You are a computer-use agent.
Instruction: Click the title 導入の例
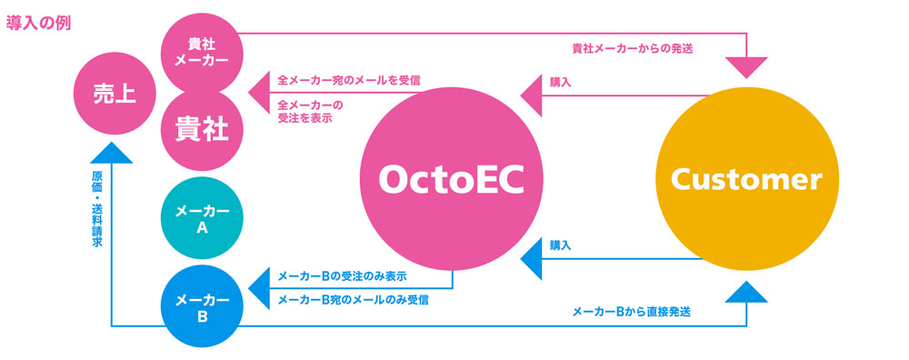tap(39, 22)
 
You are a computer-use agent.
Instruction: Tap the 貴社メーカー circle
tap(202, 51)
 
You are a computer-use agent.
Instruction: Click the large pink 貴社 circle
tap(202, 128)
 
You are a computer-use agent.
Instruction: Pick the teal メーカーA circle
tap(202, 219)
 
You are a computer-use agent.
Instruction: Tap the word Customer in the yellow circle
tap(745, 179)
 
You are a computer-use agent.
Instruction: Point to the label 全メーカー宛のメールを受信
tap(348, 81)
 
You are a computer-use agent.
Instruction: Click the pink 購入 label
tap(561, 82)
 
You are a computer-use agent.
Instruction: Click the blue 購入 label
tap(561, 245)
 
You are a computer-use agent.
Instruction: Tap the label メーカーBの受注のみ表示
tap(341, 275)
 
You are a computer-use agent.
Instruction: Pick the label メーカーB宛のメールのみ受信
tap(353, 299)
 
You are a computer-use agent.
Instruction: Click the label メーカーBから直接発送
tap(631, 312)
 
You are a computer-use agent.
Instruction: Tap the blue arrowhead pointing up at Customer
tap(746, 292)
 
